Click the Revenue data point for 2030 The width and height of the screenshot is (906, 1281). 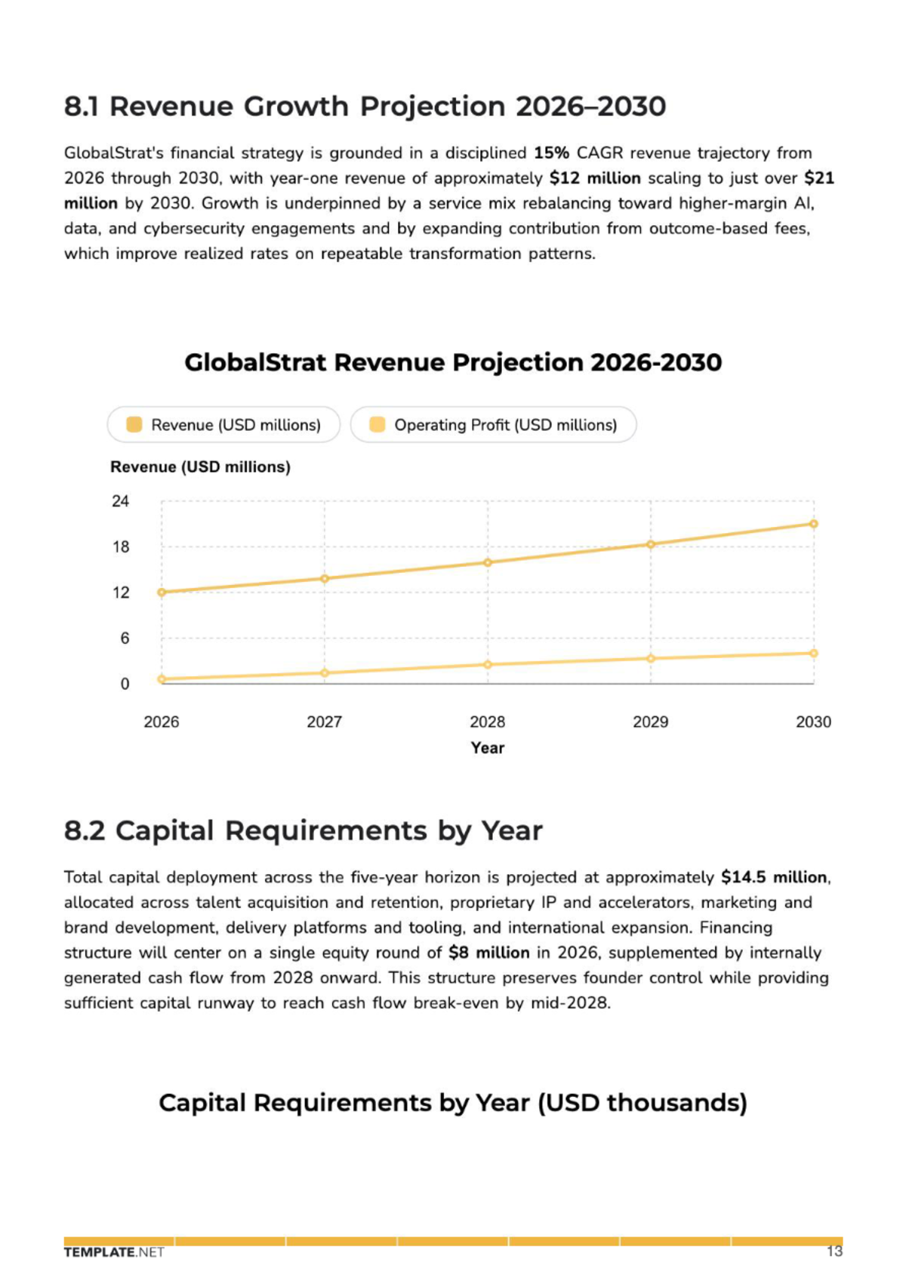(x=813, y=524)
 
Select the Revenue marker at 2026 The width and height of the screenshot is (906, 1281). (x=162, y=593)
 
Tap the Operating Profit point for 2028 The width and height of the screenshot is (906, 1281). (x=487, y=664)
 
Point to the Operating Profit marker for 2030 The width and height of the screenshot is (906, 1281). (x=813, y=653)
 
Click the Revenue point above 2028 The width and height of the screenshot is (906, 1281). (x=487, y=562)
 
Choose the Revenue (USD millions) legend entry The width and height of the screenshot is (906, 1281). (x=223, y=425)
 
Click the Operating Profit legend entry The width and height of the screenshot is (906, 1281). (x=493, y=425)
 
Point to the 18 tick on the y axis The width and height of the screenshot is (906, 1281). (x=121, y=547)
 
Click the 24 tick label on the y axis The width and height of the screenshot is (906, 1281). (x=121, y=501)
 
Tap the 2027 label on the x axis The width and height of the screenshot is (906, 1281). (x=325, y=722)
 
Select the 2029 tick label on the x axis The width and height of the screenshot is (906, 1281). (x=650, y=722)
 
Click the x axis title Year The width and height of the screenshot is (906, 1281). (x=487, y=748)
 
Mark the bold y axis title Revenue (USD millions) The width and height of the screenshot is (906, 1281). (x=200, y=467)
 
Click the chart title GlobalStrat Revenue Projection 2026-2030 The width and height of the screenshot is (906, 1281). (x=453, y=362)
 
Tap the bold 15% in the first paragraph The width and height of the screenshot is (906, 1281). (x=551, y=153)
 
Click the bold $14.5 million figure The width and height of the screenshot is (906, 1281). (x=774, y=877)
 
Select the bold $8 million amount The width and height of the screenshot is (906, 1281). (x=489, y=953)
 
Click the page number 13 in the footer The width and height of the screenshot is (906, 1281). (x=834, y=1252)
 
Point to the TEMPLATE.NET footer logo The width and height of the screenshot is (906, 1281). (x=114, y=1252)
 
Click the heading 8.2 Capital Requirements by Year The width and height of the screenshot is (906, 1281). (x=304, y=830)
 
